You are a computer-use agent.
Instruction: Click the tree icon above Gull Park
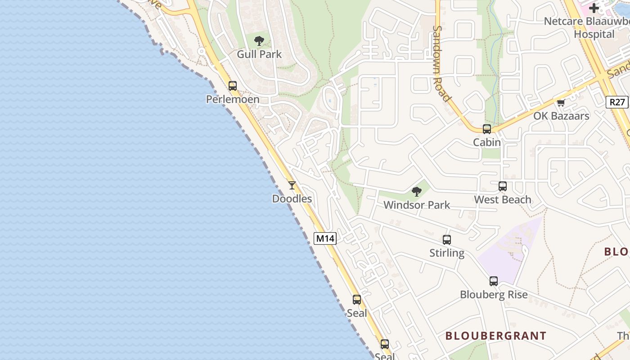click(259, 41)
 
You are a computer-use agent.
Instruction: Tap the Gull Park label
click(259, 54)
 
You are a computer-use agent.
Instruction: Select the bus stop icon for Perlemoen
click(233, 85)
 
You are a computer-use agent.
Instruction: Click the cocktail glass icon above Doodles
click(292, 185)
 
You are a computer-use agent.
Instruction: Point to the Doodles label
click(292, 198)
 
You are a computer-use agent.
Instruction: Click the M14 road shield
click(325, 238)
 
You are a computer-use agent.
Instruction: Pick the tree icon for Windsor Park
click(417, 191)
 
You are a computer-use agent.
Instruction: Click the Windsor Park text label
click(417, 205)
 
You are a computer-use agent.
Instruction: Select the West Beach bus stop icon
click(503, 186)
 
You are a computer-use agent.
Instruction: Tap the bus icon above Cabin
click(487, 129)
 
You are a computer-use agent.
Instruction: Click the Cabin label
click(487, 143)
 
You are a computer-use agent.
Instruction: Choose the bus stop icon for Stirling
click(447, 239)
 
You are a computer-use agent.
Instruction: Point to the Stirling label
click(447, 253)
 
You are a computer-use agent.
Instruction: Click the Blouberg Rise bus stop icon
click(494, 281)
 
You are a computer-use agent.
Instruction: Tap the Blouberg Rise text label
click(494, 295)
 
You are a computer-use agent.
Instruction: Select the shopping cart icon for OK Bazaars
click(561, 103)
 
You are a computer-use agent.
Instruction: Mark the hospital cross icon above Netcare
click(594, 8)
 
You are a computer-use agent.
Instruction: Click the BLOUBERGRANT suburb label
click(496, 336)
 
